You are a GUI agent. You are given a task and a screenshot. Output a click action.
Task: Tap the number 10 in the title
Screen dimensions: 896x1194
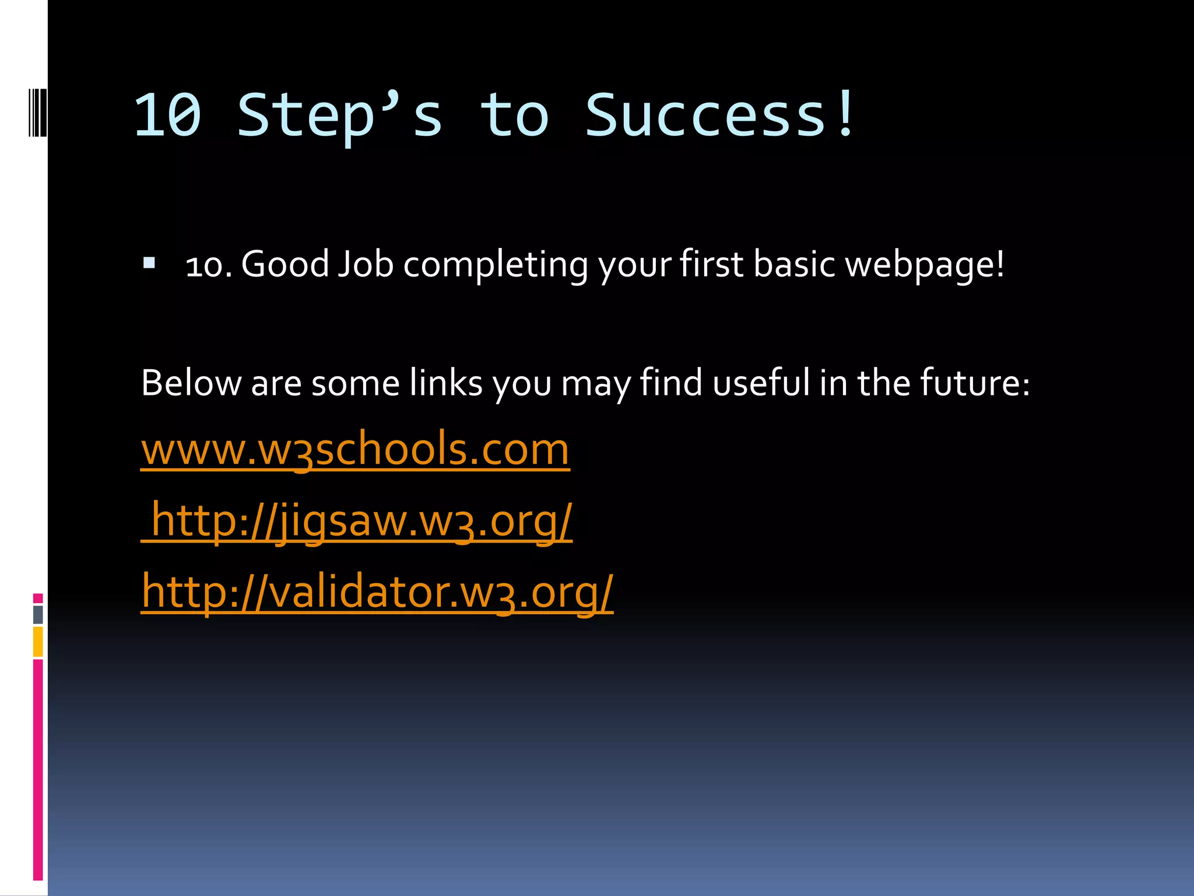tap(168, 116)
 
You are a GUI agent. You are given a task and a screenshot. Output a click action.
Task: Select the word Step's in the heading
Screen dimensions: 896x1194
tap(339, 116)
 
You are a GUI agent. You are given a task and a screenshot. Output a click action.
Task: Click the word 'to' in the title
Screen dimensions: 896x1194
tap(514, 116)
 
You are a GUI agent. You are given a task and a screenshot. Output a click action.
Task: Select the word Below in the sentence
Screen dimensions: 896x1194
tap(191, 383)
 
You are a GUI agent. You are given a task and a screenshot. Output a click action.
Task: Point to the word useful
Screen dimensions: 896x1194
tap(761, 383)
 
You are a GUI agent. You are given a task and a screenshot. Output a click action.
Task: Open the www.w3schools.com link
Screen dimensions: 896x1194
tap(355, 449)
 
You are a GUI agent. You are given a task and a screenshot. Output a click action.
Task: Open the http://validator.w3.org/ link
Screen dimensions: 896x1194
tap(377, 591)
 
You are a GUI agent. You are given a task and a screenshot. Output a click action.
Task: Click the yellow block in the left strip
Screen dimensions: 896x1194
tap(38, 642)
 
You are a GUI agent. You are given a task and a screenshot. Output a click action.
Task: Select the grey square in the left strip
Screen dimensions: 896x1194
tap(38, 614)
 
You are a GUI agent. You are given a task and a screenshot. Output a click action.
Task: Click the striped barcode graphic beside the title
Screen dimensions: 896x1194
tap(37, 113)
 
